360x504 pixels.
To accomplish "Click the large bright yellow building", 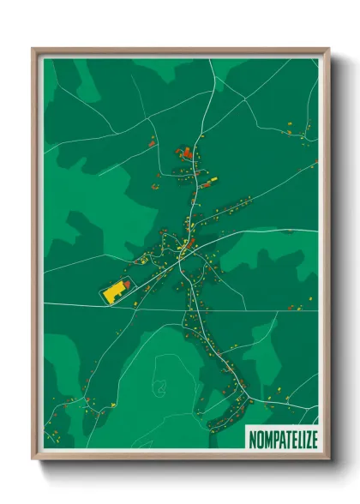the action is (x=113, y=291).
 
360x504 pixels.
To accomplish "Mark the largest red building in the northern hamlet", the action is (x=188, y=154).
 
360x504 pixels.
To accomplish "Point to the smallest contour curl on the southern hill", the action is (x=160, y=388).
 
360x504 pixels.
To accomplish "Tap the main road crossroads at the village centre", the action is (x=183, y=250).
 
